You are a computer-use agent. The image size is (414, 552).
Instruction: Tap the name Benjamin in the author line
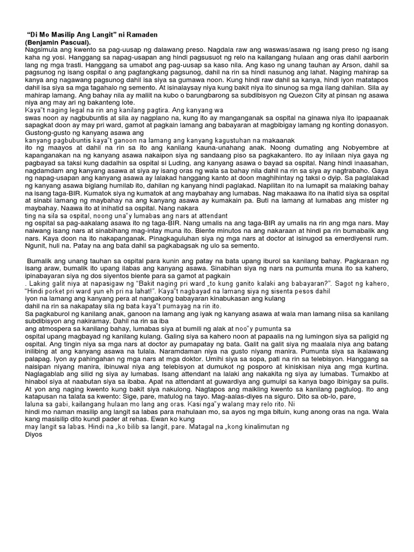pos(43,42)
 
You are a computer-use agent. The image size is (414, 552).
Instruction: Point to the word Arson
pos(313,65)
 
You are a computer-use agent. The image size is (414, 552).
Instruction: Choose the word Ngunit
pos(37,245)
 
